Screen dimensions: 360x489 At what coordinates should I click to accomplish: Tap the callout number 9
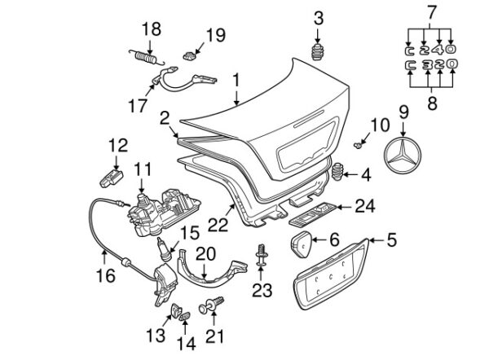pyautogui.click(x=403, y=110)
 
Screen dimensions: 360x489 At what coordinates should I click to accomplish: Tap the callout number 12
pyautogui.click(x=118, y=145)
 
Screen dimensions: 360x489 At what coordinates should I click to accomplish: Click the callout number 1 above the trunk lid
pyautogui.click(x=236, y=80)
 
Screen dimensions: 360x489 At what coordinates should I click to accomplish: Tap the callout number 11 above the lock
pyautogui.click(x=143, y=169)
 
